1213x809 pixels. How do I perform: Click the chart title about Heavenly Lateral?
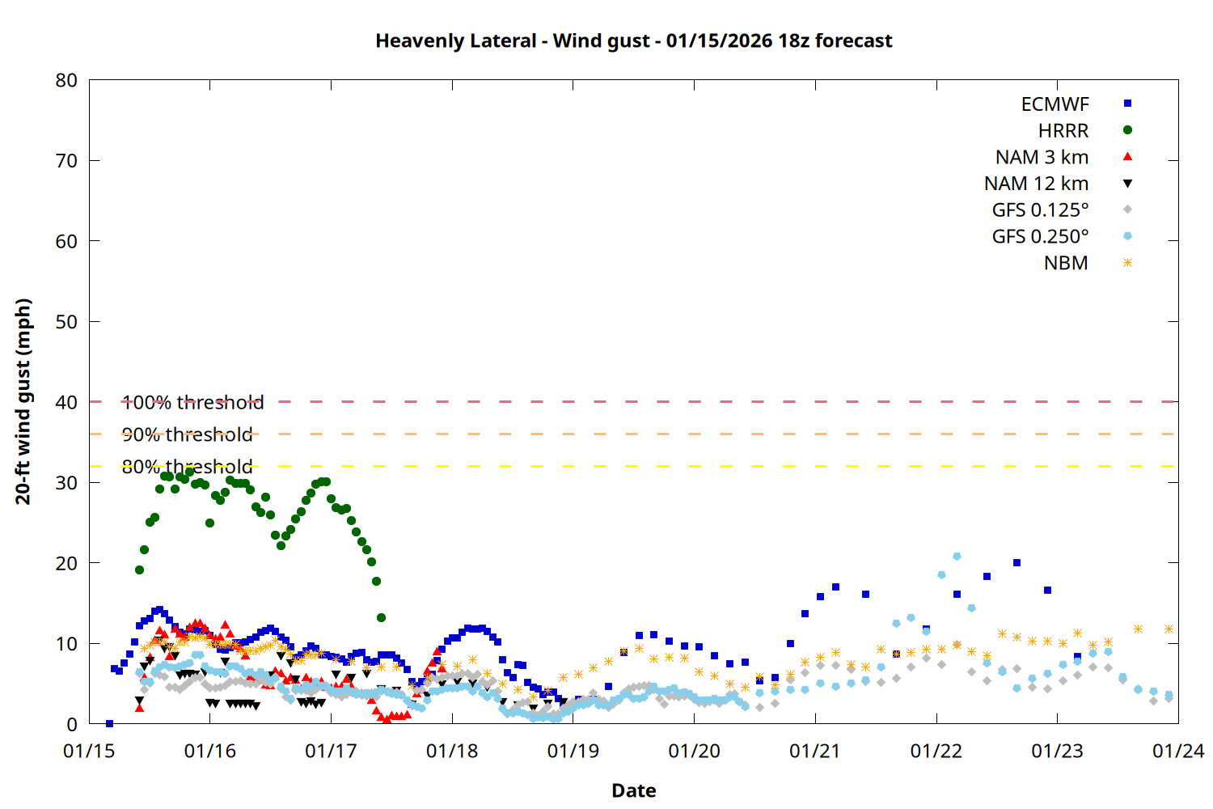[x=633, y=40]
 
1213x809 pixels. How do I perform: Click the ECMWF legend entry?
[x=1055, y=104]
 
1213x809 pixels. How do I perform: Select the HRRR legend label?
[x=1063, y=131]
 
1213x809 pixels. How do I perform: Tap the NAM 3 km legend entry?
[x=1042, y=158]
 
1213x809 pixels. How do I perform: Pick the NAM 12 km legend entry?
[x=1036, y=184]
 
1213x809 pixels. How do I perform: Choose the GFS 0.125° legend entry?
[x=1040, y=210]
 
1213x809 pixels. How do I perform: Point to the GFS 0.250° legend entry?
[x=1040, y=237]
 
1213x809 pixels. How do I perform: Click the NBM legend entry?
[x=1066, y=264]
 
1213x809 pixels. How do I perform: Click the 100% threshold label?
[x=192, y=402]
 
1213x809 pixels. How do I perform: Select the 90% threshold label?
[x=187, y=434]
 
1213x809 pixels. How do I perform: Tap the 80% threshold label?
[x=187, y=467]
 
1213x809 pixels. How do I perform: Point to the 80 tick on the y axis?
[x=66, y=80]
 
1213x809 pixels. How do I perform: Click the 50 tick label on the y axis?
[x=66, y=322]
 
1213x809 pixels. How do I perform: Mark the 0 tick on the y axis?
[x=72, y=725]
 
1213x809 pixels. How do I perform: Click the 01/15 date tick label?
[x=89, y=752]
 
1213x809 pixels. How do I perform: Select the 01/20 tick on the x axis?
[x=694, y=752]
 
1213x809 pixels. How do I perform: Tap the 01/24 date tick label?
[x=1177, y=752]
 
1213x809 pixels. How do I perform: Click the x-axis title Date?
[x=633, y=790]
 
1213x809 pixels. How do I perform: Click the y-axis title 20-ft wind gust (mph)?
[x=23, y=401]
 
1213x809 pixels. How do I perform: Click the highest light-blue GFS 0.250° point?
[x=957, y=557]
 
